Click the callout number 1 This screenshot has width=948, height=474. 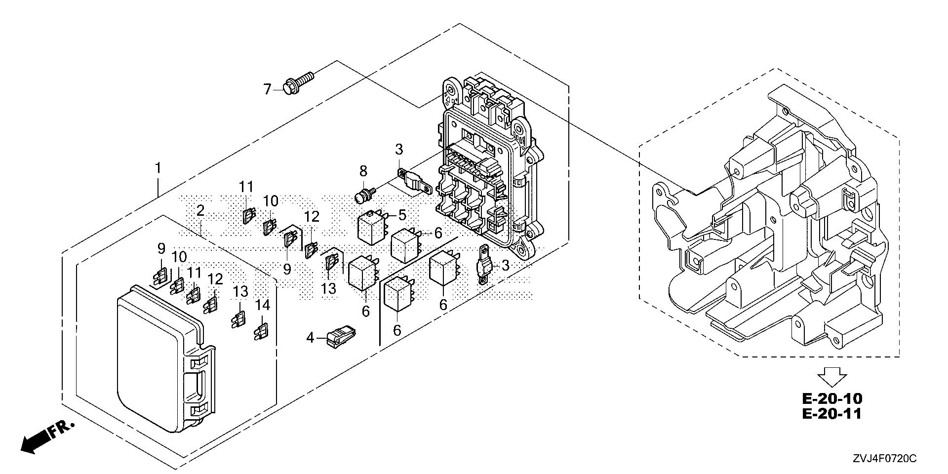pos(158,169)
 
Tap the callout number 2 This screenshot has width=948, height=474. pos(200,211)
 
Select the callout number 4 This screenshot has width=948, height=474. pos(310,338)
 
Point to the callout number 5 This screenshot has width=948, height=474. pos(402,215)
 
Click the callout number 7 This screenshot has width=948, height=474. pos(267,89)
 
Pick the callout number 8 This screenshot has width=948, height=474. pos(363,171)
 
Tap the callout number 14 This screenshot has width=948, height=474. pos(263,305)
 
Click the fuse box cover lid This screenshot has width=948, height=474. pos(158,355)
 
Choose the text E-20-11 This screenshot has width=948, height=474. pos(832,414)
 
